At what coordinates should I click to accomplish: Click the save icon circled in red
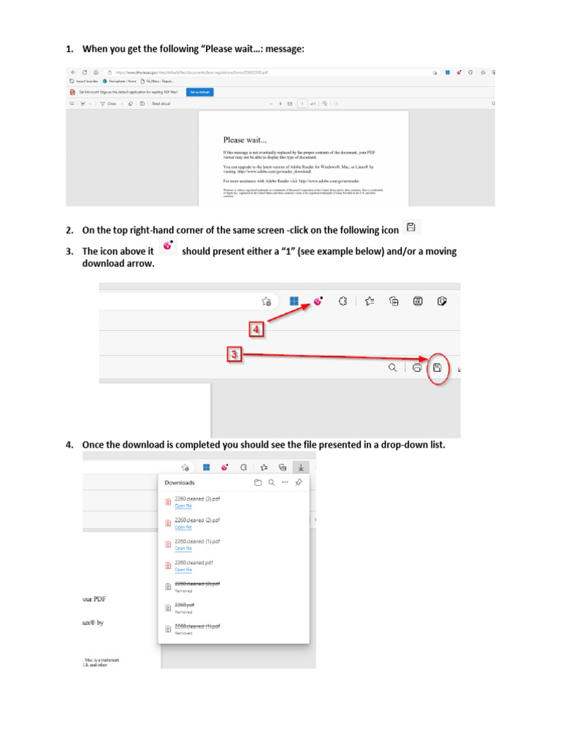(437, 367)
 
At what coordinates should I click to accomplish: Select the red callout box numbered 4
(256, 330)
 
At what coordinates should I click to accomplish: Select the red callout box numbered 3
(234, 355)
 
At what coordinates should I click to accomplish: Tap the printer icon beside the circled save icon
(416, 367)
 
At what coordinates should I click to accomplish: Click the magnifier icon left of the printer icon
(393, 367)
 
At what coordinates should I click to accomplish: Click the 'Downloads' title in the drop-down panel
(180, 483)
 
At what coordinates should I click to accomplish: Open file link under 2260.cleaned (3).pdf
(183, 505)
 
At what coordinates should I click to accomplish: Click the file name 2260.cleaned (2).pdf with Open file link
(197, 520)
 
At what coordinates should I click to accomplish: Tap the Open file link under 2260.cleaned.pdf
(183, 570)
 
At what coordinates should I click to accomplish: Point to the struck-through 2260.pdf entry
(184, 605)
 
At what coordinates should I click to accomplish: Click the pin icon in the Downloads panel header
(298, 483)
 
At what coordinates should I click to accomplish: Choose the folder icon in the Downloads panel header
(257, 483)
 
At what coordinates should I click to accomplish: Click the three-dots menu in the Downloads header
(284, 483)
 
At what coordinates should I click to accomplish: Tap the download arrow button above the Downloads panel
(302, 467)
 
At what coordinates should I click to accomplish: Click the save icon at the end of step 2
(411, 227)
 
